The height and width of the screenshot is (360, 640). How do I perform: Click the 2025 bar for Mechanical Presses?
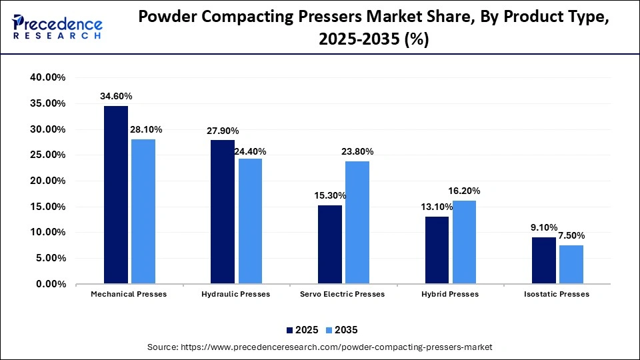point(116,195)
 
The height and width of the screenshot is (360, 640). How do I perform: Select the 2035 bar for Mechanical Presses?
point(143,211)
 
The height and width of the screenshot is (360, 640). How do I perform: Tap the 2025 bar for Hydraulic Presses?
point(223,212)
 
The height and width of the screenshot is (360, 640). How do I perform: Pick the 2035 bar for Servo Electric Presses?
point(357,223)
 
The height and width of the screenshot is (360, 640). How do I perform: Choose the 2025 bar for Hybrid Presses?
point(437,250)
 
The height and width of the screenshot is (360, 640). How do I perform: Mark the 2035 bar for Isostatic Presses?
point(571,265)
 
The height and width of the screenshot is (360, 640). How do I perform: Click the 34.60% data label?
point(116,97)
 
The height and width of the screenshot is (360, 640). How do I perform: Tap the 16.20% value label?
point(464,191)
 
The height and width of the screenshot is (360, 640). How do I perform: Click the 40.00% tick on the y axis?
point(47,77)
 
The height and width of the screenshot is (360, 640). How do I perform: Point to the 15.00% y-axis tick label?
point(47,207)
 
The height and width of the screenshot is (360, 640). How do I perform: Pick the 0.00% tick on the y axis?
point(49,284)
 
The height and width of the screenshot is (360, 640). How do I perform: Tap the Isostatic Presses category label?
point(557,294)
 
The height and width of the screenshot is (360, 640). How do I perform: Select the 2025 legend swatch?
point(290,330)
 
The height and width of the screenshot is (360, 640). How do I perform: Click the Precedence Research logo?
point(57,27)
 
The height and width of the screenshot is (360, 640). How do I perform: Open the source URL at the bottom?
point(319,347)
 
